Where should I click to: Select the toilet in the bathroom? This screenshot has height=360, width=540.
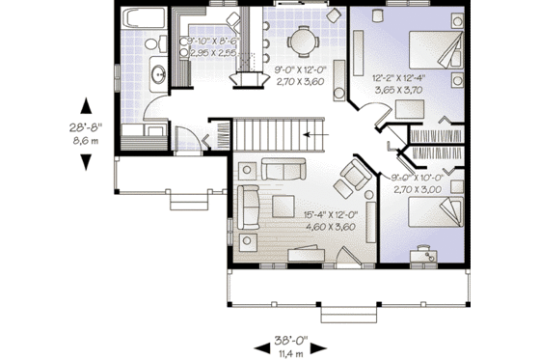150,131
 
